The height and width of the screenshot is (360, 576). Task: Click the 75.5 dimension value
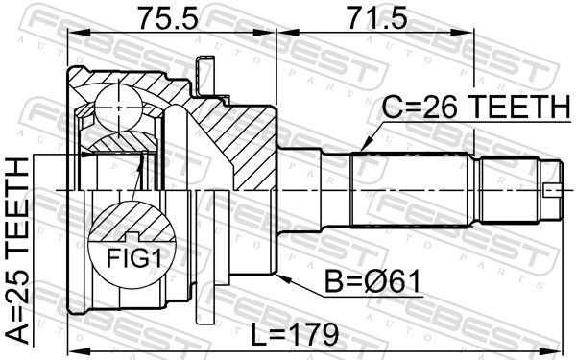(x=168, y=18)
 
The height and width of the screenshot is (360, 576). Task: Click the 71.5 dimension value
(x=377, y=18)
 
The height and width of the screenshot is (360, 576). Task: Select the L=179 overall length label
(x=295, y=335)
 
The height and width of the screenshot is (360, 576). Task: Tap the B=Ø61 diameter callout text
(x=372, y=282)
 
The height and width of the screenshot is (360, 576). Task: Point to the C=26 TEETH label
(x=477, y=107)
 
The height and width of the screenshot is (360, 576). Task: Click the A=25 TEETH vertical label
(x=18, y=251)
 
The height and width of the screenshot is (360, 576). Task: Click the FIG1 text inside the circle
(x=133, y=258)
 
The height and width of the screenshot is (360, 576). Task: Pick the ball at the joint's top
(x=118, y=108)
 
